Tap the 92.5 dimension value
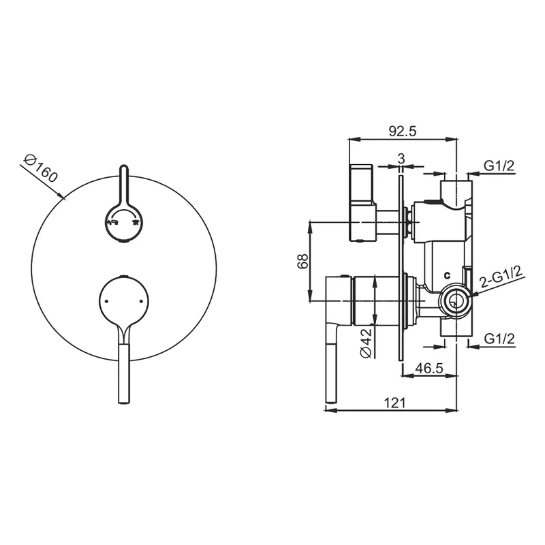click(402, 131)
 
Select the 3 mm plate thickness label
click(401, 159)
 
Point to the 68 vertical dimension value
click(302, 261)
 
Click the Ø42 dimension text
click(367, 343)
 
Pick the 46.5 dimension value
click(429, 369)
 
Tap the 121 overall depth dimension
click(394, 403)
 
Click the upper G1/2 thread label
click(499, 166)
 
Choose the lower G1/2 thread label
click(499, 338)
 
